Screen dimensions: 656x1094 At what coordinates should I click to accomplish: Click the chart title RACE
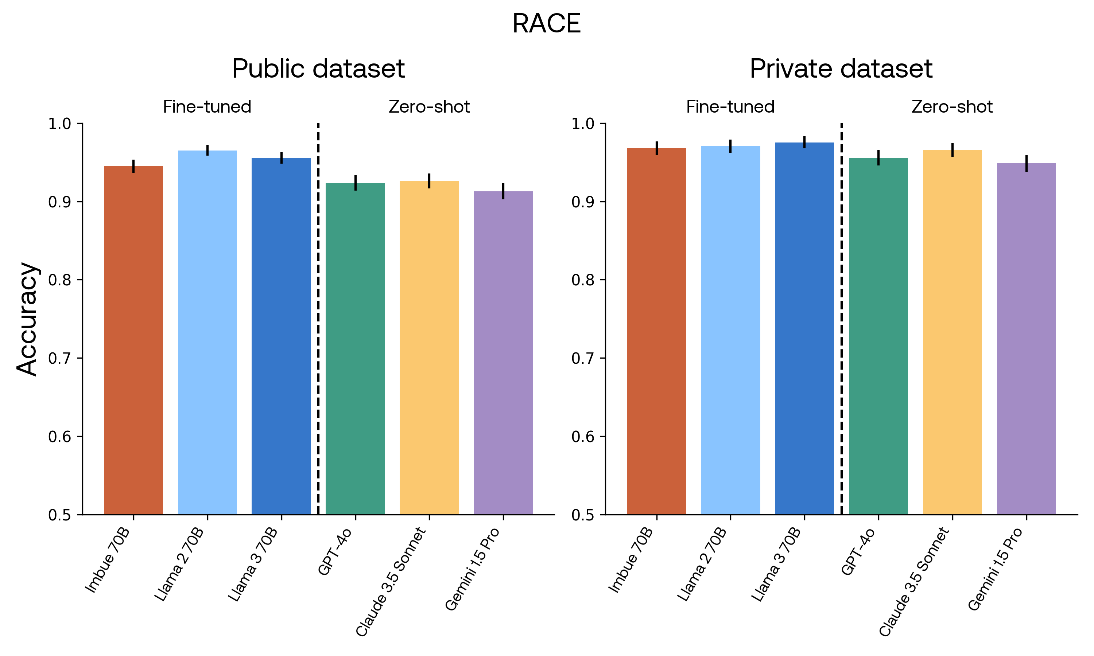[x=547, y=23]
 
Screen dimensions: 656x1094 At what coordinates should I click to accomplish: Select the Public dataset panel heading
[x=318, y=69]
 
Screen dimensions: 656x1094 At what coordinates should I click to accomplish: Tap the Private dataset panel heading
[x=841, y=69]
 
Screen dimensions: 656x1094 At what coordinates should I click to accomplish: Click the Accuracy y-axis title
[x=27, y=319]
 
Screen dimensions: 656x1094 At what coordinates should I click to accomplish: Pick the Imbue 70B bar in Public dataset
[x=133, y=340]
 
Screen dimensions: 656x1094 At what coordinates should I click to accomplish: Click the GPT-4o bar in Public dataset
[x=355, y=349]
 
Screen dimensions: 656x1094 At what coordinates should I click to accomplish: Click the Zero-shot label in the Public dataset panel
[x=429, y=107]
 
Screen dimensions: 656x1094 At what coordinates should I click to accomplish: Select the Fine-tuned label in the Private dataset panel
[x=730, y=107]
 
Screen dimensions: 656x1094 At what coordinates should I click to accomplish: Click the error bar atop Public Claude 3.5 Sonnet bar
[x=429, y=181]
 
